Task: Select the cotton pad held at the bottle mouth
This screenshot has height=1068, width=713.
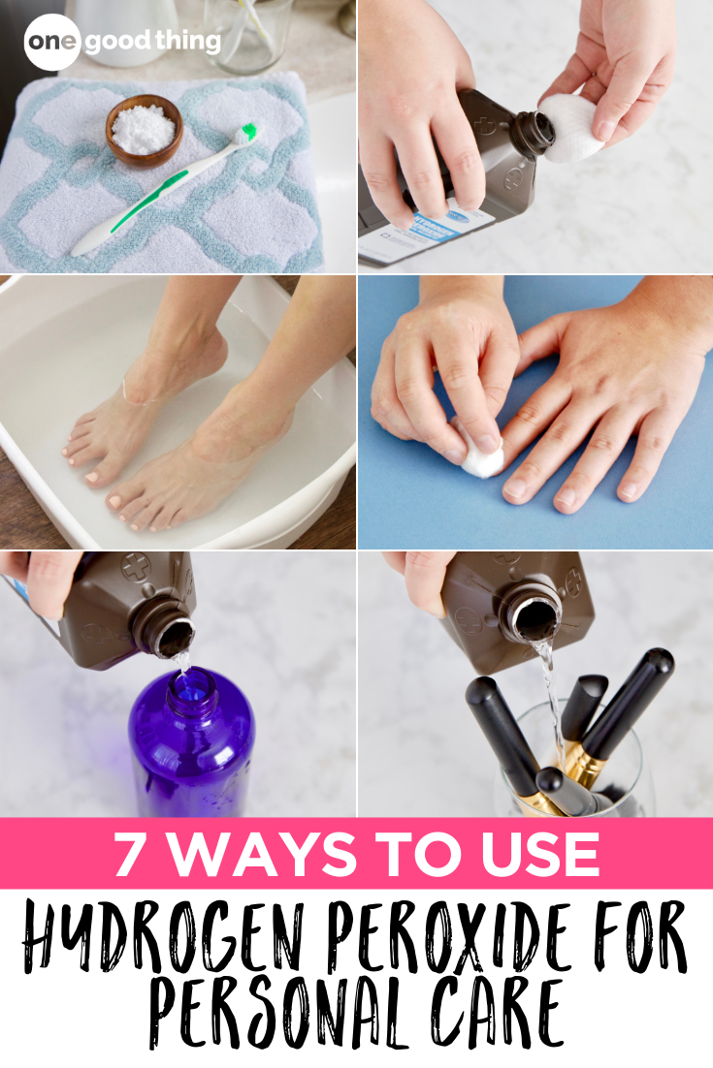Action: (x=569, y=126)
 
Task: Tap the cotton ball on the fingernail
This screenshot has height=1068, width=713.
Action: (x=482, y=455)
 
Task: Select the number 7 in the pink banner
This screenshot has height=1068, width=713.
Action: (x=132, y=854)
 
